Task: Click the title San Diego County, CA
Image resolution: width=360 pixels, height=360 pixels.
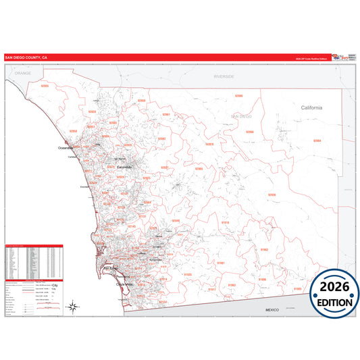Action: click(26, 58)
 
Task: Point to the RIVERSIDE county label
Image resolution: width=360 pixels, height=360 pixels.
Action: click(224, 76)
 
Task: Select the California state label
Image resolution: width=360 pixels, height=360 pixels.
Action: click(311, 108)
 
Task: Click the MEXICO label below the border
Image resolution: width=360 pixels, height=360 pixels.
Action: click(272, 309)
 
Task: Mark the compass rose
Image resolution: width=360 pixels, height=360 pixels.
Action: click(72, 307)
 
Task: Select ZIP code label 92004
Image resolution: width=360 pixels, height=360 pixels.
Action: click(317, 140)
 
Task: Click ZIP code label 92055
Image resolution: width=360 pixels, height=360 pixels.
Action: click(45, 86)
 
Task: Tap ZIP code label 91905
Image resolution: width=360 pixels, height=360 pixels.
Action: click(297, 288)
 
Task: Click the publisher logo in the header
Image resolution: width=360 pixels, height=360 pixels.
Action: click(341, 57)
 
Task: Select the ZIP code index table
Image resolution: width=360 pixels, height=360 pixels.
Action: click(34, 260)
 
